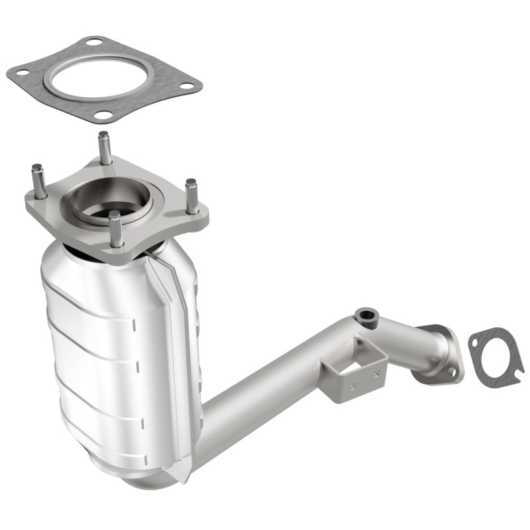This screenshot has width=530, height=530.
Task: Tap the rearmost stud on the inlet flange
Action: coord(104,147)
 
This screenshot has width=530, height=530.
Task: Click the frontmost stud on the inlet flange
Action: coord(116,229)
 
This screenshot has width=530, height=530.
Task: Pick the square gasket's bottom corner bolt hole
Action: coord(103,115)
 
